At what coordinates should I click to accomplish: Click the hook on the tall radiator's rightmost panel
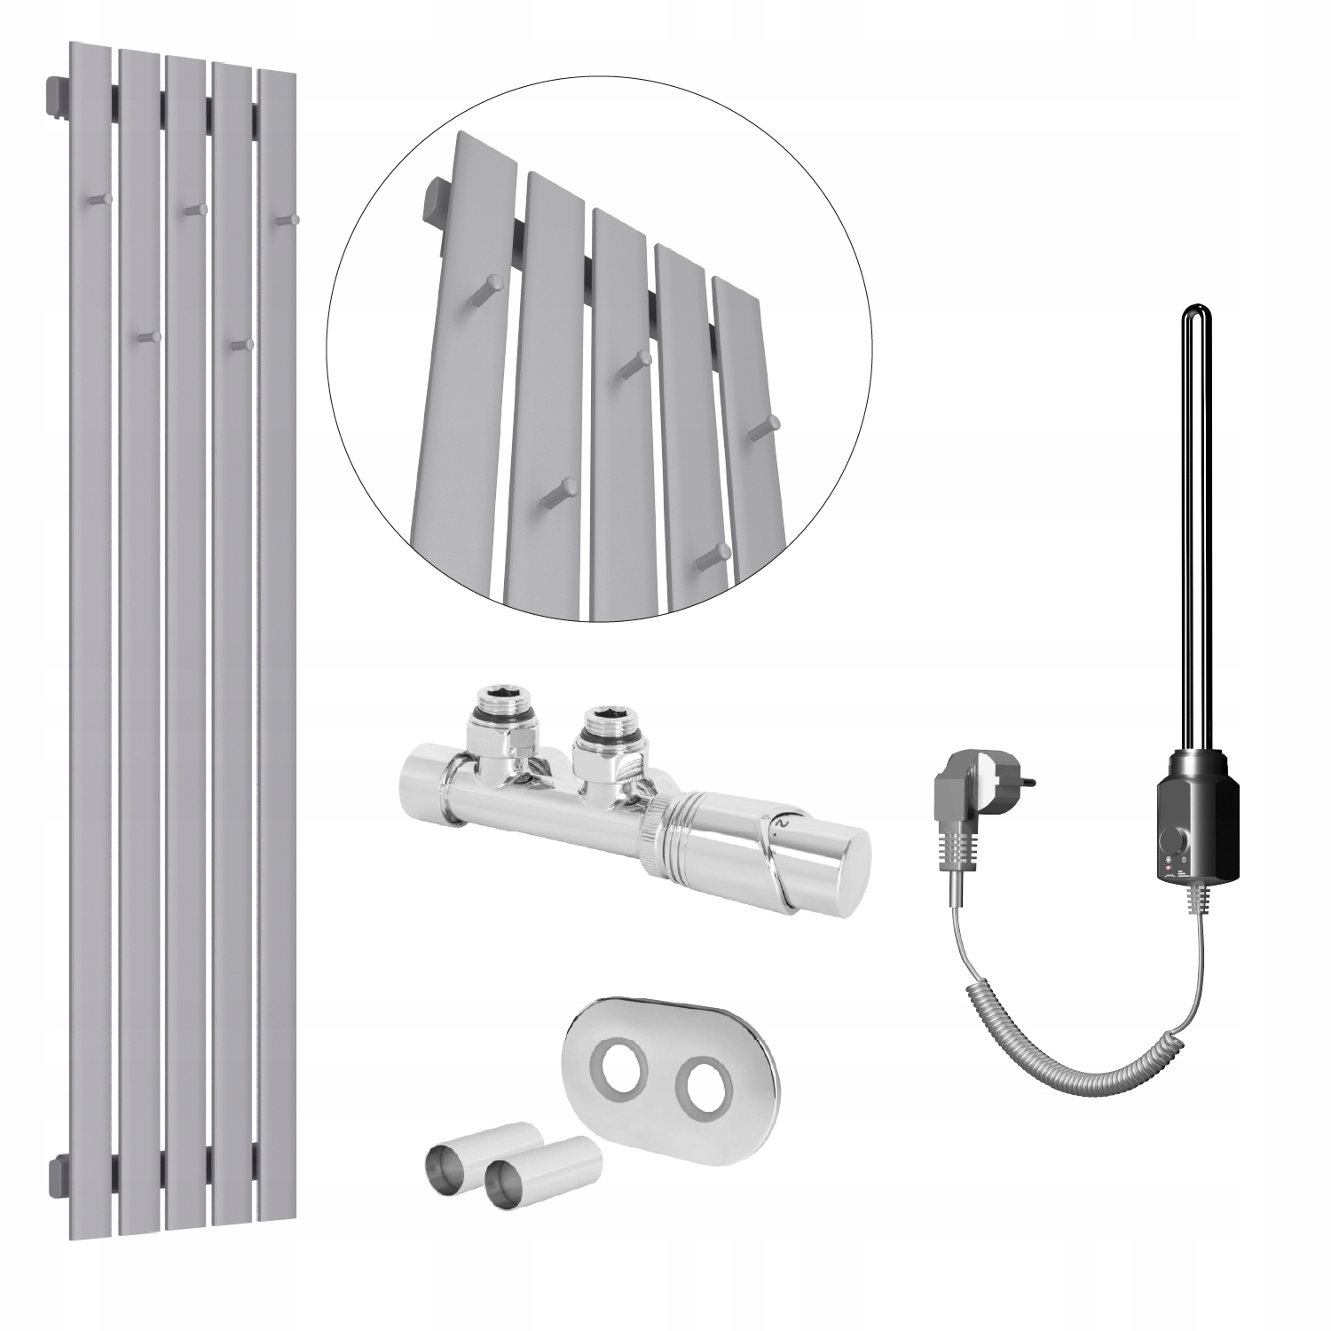[x=285, y=218]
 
